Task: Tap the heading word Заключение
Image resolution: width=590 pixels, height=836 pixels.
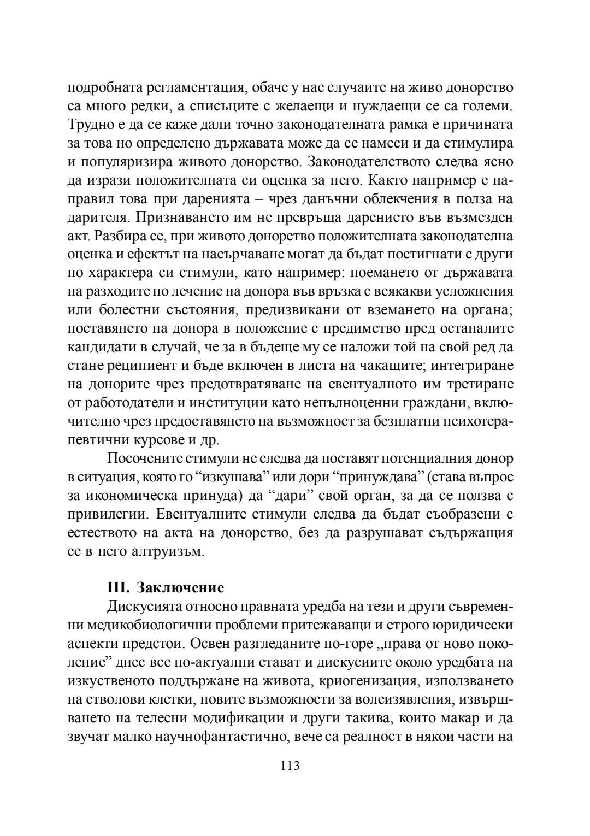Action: [x=180, y=588]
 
